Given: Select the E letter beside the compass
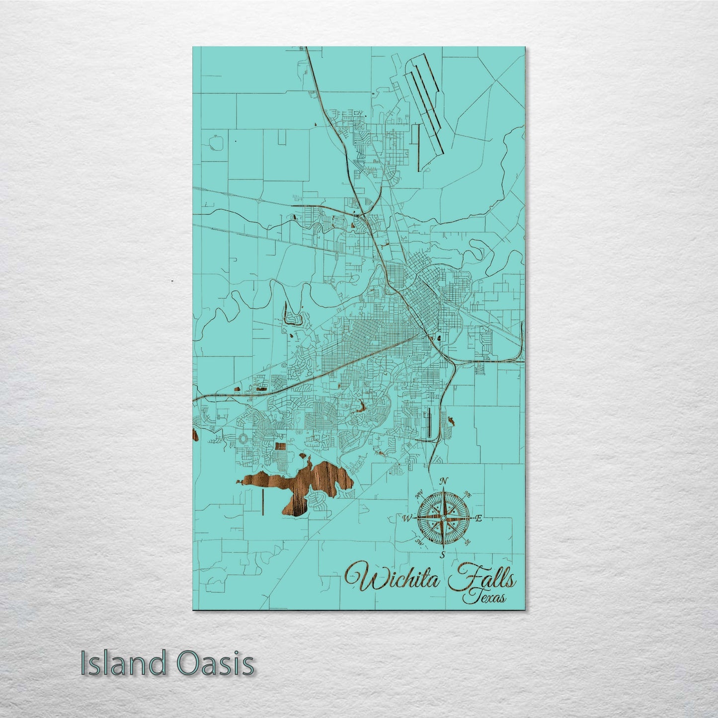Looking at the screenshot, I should tap(479, 519).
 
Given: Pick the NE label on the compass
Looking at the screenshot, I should tap(467, 493).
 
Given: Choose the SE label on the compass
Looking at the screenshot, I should tap(467, 542).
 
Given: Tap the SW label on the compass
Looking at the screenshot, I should tap(419, 543).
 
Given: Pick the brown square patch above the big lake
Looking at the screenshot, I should tap(281, 447).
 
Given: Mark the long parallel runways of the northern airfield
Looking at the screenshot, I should tap(425, 104).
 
